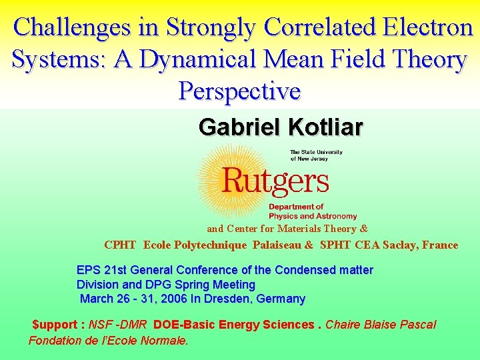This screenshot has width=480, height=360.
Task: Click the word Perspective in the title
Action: click(239, 91)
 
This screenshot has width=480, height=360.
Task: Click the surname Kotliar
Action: click(325, 127)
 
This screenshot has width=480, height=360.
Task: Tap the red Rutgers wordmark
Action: click(275, 180)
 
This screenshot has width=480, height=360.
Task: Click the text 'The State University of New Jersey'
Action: click(316, 155)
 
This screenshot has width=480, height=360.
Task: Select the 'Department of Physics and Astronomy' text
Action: click(312, 211)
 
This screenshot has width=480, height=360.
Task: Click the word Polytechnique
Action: click(210, 245)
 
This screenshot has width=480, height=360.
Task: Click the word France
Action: click(441, 245)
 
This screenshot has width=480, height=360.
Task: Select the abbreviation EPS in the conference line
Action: click(89, 270)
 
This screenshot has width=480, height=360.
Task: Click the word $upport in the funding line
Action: click(58, 325)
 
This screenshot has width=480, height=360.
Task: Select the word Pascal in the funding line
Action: click(418, 325)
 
